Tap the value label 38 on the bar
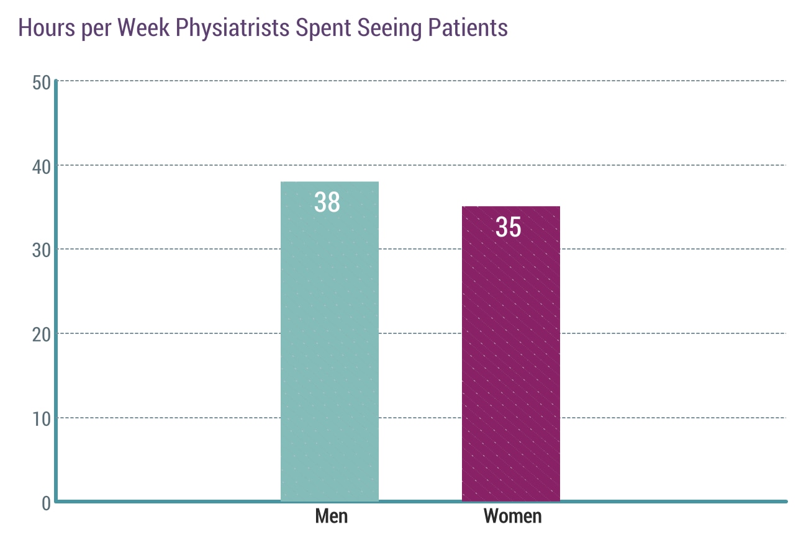tap(327, 202)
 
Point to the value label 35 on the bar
tap(509, 227)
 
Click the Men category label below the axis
tap(332, 516)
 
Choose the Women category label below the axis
tap(513, 516)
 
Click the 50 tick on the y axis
tap(41, 82)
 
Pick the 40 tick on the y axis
tap(41, 166)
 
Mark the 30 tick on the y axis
tap(41, 250)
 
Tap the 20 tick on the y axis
tap(41, 334)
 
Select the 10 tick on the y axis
tap(41, 418)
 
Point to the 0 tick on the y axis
tap(46, 502)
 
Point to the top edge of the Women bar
tap(511, 207)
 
